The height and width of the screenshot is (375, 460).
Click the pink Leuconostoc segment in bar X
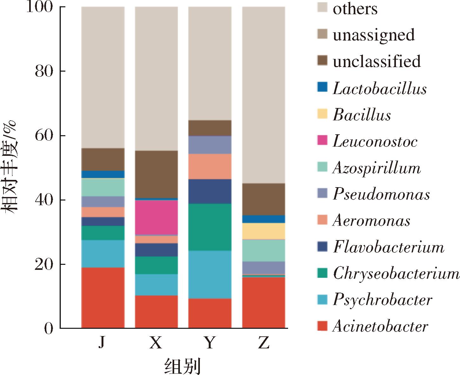click(156, 217)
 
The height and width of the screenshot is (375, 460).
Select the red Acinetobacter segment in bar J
click(103, 298)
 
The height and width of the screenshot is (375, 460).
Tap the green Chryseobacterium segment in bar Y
click(210, 227)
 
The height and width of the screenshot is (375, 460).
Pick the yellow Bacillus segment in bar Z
click(264, 231)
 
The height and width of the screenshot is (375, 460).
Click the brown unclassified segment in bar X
click(156, 174)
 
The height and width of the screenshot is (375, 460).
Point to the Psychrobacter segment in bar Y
click(210, 275)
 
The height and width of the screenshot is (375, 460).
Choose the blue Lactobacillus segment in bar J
click(103, 174)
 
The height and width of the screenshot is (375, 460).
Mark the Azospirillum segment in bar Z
click(264, 250)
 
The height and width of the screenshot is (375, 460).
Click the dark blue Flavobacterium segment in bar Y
click(210, 191)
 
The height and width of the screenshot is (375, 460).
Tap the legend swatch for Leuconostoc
click(322, 140)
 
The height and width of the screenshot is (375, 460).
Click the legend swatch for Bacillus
click(322, 113)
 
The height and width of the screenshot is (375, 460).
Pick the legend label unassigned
click(373, 35)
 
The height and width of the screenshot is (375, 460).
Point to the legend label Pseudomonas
click(381, 194)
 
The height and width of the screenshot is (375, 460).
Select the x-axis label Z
click(264, 343)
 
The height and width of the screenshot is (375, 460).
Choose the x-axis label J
click(102, 343)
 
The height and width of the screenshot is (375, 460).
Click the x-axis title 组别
click(183, 367)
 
